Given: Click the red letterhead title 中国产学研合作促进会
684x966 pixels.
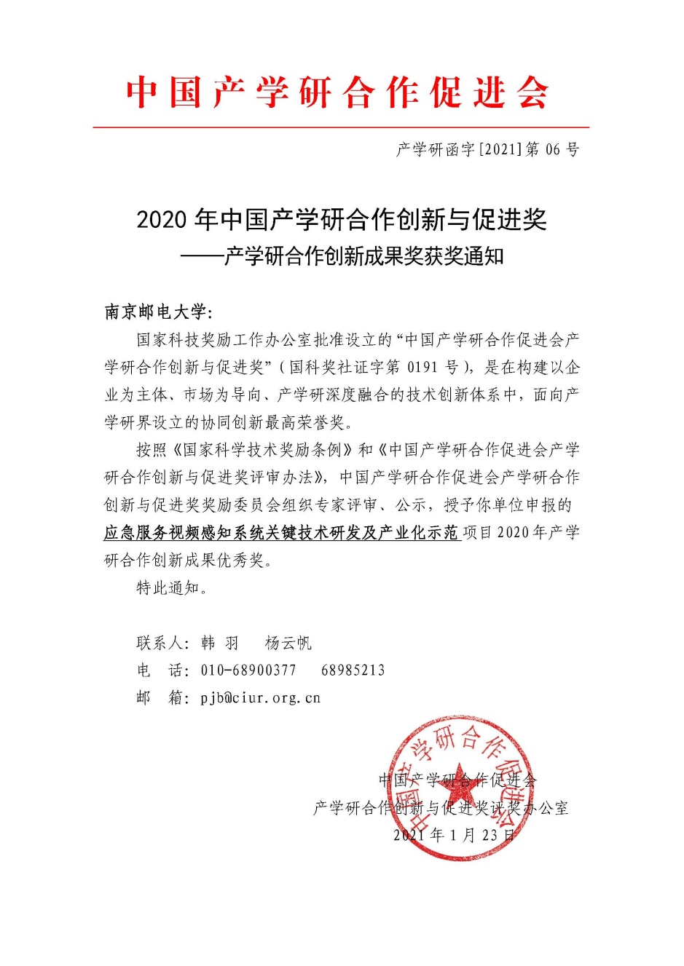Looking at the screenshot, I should [x=337, y=92].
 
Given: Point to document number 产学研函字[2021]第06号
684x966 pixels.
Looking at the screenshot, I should [x=487, y=150].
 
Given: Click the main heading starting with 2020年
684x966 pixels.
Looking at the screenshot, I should [x=342, y=219].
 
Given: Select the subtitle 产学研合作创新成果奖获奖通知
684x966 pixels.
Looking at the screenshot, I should [x=363, y=256].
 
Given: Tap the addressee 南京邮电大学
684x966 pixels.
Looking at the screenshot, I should [x=156, y=312].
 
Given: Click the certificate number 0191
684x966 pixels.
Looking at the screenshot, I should [x=422, y=367].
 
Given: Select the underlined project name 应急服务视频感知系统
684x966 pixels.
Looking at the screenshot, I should [x=281, y=533].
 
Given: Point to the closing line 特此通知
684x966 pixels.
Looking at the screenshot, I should [x=172, y=588].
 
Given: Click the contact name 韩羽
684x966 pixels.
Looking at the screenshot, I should [x=219, y=643].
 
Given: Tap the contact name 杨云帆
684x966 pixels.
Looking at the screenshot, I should [x=288, y=643].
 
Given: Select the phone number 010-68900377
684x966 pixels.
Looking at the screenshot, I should [x=248, y=670].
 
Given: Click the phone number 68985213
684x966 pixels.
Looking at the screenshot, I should [x=353, y=670].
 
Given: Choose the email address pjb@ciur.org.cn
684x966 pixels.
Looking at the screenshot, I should [x=260, y=698].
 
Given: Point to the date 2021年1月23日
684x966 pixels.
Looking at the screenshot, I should [x=454, y=836].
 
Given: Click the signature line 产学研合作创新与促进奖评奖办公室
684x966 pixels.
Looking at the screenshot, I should [x=441, y=808].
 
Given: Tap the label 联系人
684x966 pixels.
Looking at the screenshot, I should [x=162, y=643].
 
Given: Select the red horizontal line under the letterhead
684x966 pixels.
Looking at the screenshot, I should [x=341, y=127].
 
